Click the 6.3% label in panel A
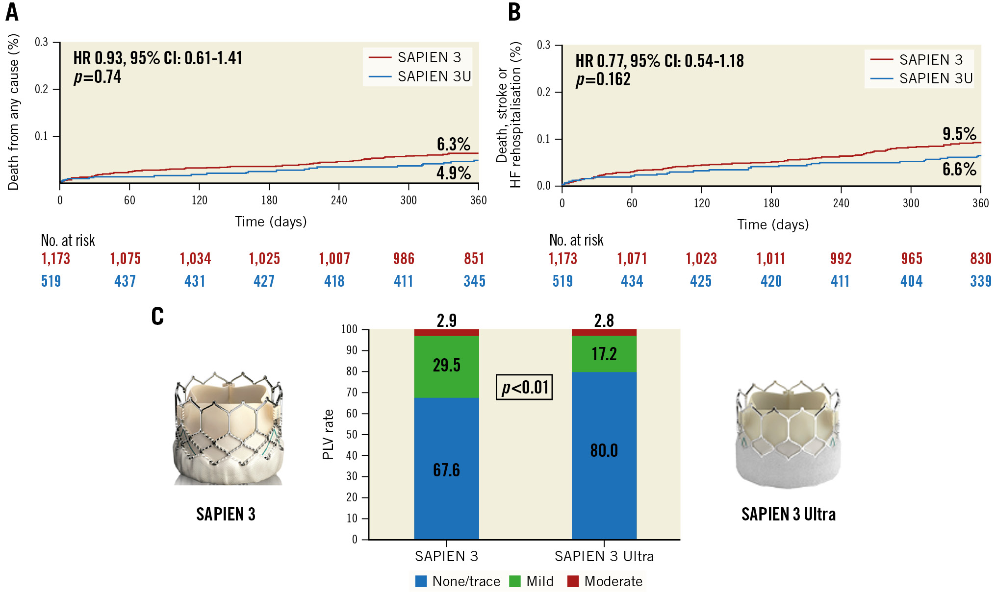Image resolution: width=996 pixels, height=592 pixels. point(453,144)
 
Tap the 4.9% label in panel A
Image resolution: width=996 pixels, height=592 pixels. point(453,173)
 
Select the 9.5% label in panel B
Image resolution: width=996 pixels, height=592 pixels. point(959,134)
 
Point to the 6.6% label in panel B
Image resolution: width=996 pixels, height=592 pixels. point(959,169)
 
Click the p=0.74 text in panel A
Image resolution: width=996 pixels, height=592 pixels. point(97,77)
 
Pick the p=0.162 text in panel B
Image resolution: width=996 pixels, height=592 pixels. point(603,79)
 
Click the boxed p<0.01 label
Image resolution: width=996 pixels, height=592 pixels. point(524,387)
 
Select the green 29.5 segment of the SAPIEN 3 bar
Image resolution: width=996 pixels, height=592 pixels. point(446,366)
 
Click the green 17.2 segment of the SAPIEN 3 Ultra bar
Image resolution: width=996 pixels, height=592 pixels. point(604,354)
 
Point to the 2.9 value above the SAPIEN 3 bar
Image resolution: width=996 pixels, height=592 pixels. point(446,321)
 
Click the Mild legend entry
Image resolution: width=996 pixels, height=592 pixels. point(532,581)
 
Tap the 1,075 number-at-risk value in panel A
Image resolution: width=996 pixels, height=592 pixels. point(125,259)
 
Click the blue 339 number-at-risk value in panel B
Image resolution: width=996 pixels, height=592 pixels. point(980,281)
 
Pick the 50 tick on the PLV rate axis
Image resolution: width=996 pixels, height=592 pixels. point(352,435)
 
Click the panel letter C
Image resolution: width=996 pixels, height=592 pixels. point(157,316)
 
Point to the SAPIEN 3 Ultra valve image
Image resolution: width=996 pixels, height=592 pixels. point(788,434)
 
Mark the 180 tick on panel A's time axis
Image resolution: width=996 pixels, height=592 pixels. point(269,200)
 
